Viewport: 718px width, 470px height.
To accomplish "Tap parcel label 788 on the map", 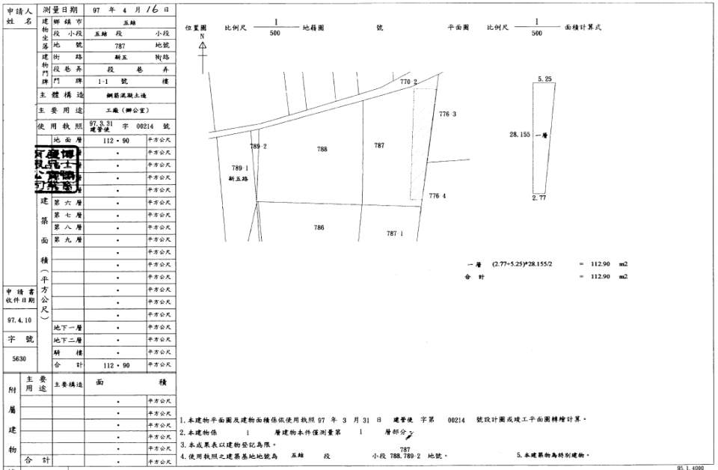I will pyautogui.click(x=322, y=149).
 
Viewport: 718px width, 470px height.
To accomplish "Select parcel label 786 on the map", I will pyautogui.click(x=319, y=228).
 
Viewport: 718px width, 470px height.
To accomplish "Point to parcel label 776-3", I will pyautogui.click(x=447, y=115).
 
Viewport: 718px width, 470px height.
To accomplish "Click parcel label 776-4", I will pyautogui.click(x=438, y=196).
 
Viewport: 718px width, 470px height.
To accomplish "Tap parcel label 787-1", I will pyautogui.click(x=395, y=234).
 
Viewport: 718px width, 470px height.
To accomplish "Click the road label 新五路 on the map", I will pyautogui.click(x=239, y=180).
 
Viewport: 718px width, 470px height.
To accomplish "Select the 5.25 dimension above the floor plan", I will pyautogui.click(x=544, y=79).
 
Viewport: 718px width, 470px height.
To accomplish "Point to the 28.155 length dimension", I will pyautogui.click(x=519, y=135).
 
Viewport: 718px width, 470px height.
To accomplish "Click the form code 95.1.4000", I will pyautogui.click(x=691, y=466).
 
